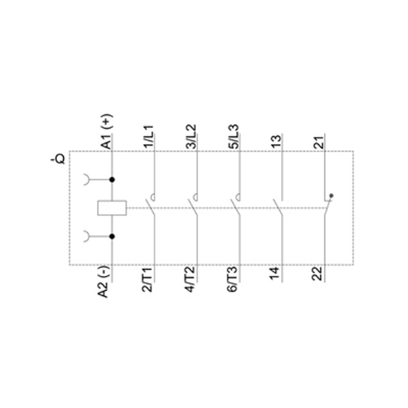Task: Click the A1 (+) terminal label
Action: [106, 131]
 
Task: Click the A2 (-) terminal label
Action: [103, 282]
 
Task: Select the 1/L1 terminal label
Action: [149, 137]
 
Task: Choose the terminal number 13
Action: [276, 142]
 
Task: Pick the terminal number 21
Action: [319, 142]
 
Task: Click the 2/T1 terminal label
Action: [147, 279]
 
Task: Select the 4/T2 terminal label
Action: [190, 279]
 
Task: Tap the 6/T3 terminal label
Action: [233, 279]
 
